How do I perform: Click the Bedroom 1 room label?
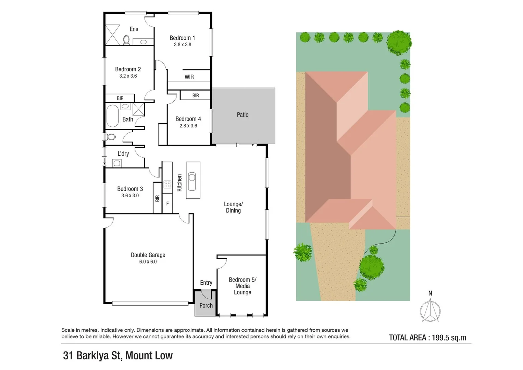(182, 38)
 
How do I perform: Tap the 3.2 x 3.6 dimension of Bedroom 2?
(128, 76)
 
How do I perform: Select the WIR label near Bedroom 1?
(189, 77)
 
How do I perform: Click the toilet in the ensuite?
(126, 40)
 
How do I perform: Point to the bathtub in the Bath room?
(113, 116)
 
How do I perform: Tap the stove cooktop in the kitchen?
(167, 185)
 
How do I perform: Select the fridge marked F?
(167, 203)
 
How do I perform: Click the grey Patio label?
(242, 115)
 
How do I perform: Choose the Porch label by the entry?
(206, 306)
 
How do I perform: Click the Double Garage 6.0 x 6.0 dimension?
(148, 262)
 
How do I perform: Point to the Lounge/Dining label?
(233, 207)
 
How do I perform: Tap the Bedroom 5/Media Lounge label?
(242, 286)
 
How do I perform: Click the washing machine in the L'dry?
(117, 163)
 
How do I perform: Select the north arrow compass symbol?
(430, 310)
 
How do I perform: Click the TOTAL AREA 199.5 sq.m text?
(427, 338)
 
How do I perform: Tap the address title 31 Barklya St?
(118, 356)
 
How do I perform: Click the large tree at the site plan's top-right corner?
(399, 43)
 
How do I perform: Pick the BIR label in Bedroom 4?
(196, 96)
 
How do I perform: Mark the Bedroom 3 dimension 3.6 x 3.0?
(130, 196)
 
